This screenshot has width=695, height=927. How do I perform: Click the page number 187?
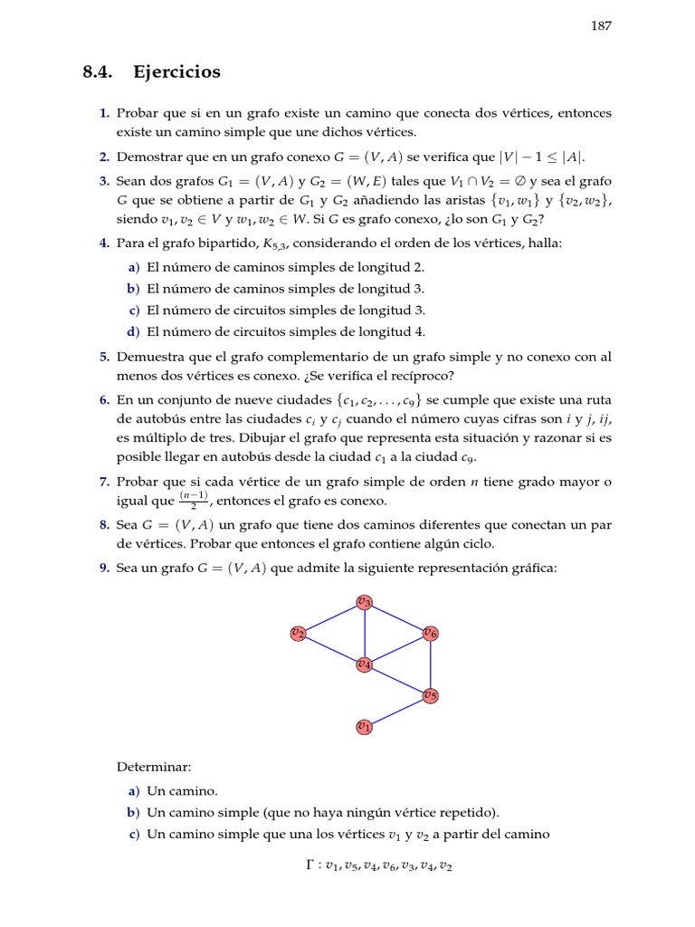coord(602,26)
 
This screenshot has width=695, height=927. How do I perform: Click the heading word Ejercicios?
coord(176,72)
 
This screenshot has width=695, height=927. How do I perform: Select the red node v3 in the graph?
coord(364,601)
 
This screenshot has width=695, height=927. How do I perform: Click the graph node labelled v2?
coord(298,633)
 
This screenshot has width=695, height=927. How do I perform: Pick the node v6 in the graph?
coord(430,634)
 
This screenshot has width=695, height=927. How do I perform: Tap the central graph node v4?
coord(364,664)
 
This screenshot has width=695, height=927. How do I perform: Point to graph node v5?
coord(430,695)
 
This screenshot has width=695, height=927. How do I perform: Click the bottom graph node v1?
coord(364,726)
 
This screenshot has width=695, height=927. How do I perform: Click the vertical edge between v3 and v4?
coord(364,633)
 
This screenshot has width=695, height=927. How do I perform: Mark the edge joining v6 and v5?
coord(430,664)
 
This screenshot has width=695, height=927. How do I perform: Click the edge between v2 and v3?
coord(330,617)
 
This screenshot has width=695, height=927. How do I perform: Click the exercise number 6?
coord(104,399)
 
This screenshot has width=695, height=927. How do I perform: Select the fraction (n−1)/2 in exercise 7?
coord(193,501)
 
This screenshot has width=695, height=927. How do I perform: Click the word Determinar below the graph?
coord(148,767)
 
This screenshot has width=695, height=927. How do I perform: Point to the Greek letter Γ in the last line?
coord(310,865)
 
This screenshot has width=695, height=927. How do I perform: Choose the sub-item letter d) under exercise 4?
coord(134,331)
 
